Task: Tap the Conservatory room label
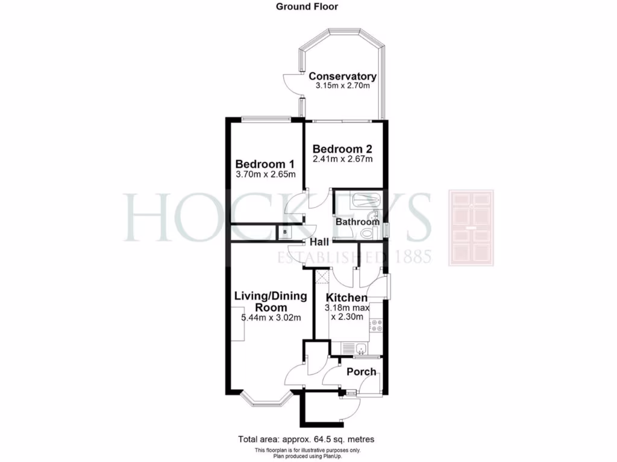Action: [342, 76]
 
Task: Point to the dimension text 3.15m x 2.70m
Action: [342, 86]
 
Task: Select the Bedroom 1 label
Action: [265, 164]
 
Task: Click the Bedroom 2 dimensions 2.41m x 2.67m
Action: [342, 159]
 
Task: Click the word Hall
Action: [319, 242]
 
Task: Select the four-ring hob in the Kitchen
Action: [377, 325]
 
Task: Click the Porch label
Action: [361, 372]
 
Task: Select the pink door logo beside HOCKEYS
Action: [471, 227]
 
